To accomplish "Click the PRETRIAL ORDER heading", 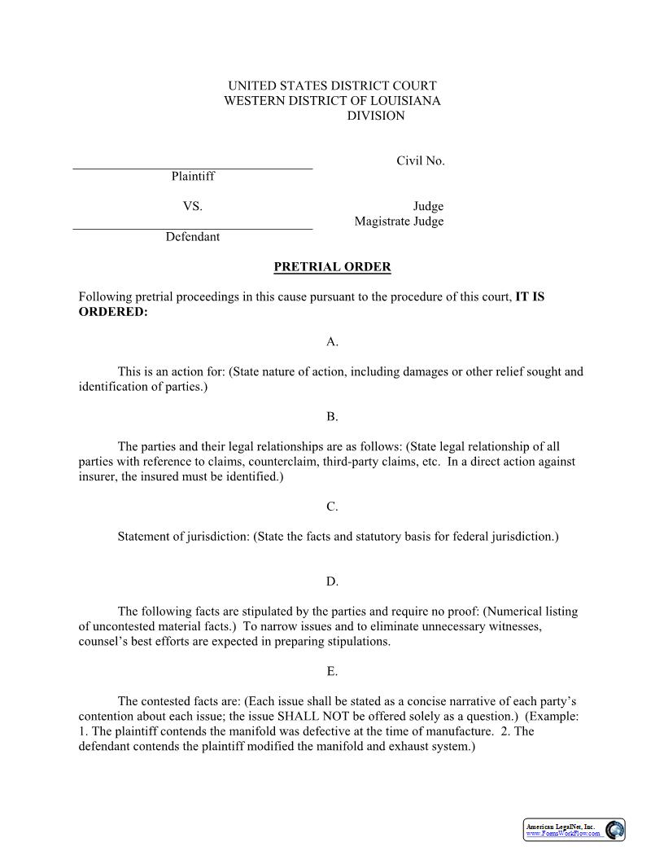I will pyautogui.click(x=332, y=267).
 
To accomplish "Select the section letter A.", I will pyautogui.click(x=332, y=342).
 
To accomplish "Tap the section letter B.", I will pyautogui.click(x=332, y=417).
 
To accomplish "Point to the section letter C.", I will pyautogui.click(x=332, y=507).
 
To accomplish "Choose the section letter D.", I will pyautogui.click(x=332, y=581).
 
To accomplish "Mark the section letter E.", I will pyautogui.click(x=332, y=672).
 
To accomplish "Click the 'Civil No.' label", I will pyautogui.click(x=420, y=161).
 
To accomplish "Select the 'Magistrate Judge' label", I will pyautogui.click(x=399, y=222).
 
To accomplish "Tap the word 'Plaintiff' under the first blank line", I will pyautogui.click(x=193, y=176).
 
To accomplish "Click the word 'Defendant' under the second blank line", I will pyautogui.click(x=193, y=237).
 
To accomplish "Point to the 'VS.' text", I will pyautogui.click(x=192, y=207).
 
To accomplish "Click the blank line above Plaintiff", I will pyautogui.click(x=193, y=168).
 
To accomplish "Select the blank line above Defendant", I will pyautogui.click(x=193, y=229).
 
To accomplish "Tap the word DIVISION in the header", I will pyautogui.click(x=376, y=116).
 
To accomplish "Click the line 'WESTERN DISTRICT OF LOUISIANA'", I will pyautogui.click(x=332, y=101).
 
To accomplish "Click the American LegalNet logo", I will pyautogui.click(x=574, y=830).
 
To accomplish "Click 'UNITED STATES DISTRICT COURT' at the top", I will pyautogui.click(x=332, y=86).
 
